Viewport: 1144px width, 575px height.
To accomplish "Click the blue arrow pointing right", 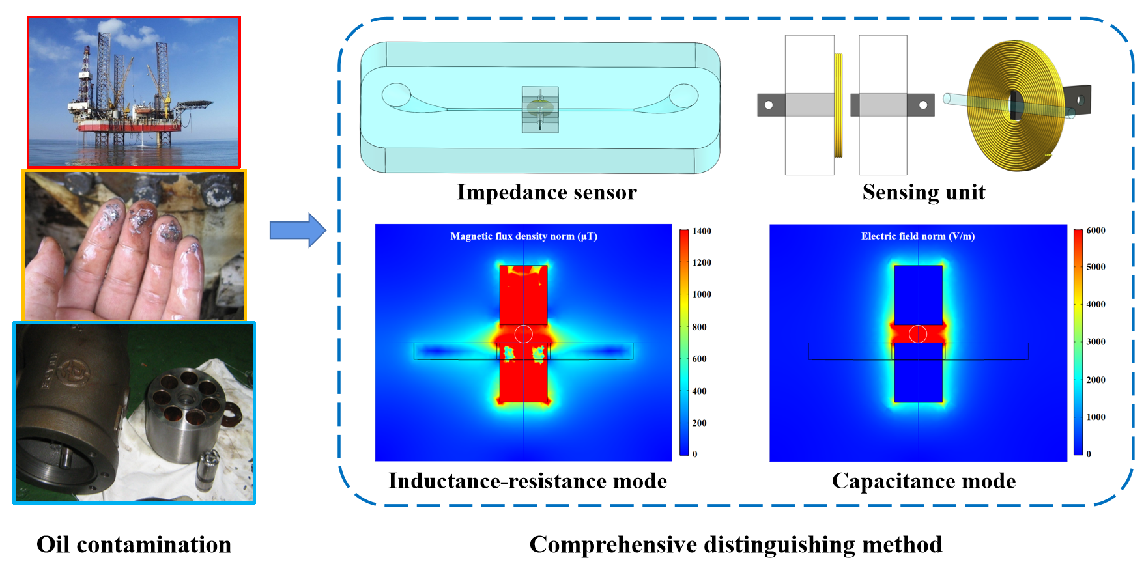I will [x=297, y=230].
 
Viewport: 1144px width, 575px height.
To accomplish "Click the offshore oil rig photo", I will [x=134, y=92].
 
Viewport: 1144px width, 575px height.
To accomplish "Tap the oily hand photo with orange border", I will [x=134, y=245].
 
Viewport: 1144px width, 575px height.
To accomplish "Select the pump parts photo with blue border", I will [x=134, y=412].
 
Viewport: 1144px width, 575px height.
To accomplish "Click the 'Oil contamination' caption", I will [x=134, y=544].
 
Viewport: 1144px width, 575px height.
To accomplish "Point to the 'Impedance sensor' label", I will [x=547, y=192].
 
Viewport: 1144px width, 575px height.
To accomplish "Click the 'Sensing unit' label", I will [x=923, y=192].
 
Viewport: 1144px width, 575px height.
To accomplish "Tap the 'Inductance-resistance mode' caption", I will [x=528, y=481].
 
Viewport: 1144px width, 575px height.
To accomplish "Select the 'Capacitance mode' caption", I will [x=923, y=481].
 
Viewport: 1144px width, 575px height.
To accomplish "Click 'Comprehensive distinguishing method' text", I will [x=736, y=544].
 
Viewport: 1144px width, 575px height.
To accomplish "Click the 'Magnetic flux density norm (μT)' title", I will [x=524, y=236].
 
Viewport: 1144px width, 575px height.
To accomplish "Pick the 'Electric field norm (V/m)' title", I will [x=918, y=236].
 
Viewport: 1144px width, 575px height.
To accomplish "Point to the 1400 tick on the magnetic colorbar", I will [x=701, y=231].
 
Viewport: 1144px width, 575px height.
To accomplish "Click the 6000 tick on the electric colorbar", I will [x=1096, y=231].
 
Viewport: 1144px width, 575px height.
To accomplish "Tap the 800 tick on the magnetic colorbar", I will [x=699, y=327].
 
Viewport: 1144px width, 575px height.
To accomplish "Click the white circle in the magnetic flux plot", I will [x=524, y=334].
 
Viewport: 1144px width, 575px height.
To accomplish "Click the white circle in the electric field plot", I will [x=918, y=333].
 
